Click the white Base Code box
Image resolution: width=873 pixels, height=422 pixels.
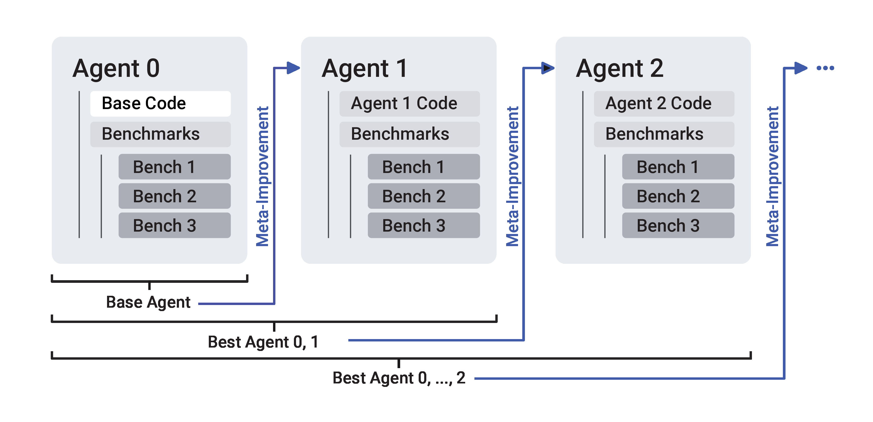(x=160, y=104)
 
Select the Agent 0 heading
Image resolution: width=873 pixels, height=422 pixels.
(x=116, y=68)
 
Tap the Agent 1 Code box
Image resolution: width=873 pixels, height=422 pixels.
(x=409, y=104)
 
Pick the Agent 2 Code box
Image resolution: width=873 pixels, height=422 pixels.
(x=664, y=104)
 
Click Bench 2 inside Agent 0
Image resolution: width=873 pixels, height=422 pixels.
(x=174, y=196)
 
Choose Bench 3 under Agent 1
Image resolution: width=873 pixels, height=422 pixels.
(x=424, y=225)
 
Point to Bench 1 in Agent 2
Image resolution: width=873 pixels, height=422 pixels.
(x=678, y=167)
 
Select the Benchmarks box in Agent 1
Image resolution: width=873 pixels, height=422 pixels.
(x=409, y=134)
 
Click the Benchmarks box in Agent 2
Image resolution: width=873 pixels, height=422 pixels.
(x=664, y=134)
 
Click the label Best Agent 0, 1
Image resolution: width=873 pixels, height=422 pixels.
(x=263, y=342)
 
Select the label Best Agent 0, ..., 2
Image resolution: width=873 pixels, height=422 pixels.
(x=399, y=378)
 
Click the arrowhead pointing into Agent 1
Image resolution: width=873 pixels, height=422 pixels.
(x=293, y=68)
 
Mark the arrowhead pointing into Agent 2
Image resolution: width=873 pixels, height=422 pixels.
(x=548, y=68)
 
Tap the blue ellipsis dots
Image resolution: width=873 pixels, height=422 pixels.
(x=825, y=68)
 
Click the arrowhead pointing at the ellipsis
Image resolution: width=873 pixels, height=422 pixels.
(x=801, y=68)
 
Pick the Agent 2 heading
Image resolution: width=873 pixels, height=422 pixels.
(x=620, y=68)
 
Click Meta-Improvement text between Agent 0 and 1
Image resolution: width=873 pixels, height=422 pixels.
(x=263, y=176)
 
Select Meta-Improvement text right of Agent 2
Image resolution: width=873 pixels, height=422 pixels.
(x=773, y=176)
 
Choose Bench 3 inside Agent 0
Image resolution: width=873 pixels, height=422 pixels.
(x=174, y=225)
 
